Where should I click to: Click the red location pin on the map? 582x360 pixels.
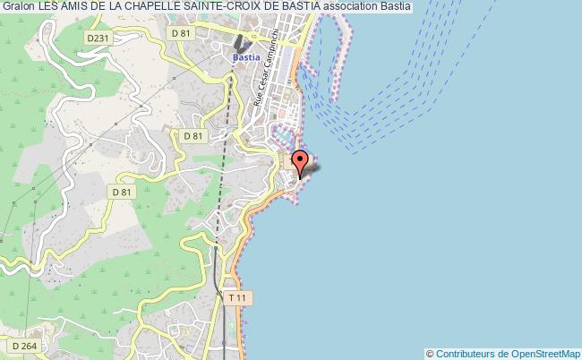(301, 162)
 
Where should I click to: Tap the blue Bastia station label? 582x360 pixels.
(246, 56)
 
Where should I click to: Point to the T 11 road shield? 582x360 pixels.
(236, 296)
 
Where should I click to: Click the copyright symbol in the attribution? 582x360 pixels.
(432, 354)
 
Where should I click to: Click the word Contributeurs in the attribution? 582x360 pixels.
(465, 354)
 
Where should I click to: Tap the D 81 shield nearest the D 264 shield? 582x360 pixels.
(120, 192)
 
